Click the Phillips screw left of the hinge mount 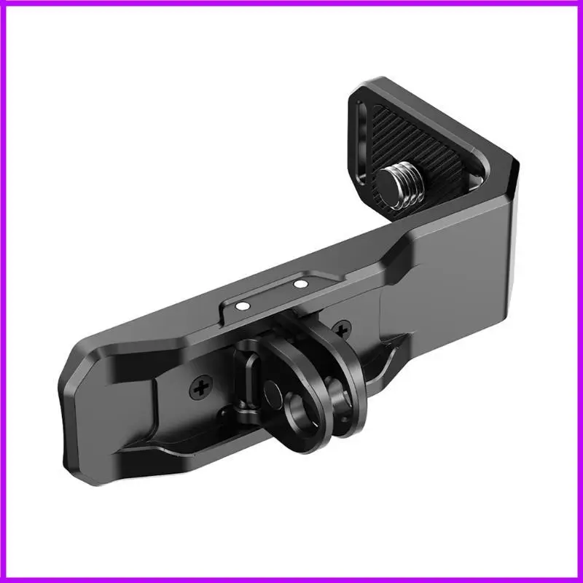(202, 389)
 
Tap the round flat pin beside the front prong (272, 393)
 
